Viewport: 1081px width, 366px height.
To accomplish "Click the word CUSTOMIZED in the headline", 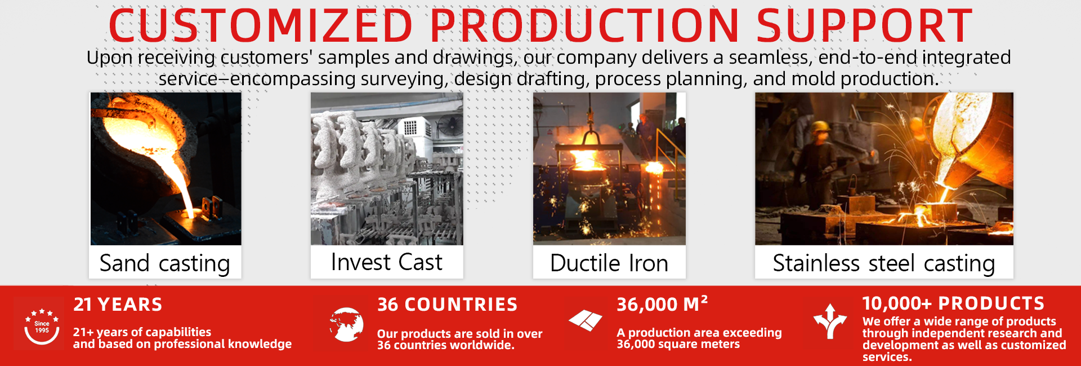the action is (x=261, y=26).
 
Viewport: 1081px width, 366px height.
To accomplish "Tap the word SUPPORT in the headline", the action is (x=864, y=26).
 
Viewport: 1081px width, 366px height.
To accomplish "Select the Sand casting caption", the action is (x=165, y=263).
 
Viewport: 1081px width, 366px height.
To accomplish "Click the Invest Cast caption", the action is (x=387, y=262).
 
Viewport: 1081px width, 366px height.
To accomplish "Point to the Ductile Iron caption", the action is (x=609, y=263).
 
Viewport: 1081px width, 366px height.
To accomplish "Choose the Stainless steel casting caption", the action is (x=884, y=263).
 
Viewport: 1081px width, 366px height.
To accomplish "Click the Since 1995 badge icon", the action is (x=42, y=326).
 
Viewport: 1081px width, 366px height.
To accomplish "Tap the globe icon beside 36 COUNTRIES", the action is (x=346, y=324).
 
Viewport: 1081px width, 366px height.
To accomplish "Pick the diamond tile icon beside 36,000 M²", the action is (x=586, y=320).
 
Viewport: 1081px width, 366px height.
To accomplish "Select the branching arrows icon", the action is (x=830, y=321).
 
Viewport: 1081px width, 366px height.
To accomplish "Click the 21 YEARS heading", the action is (x=118, y=305).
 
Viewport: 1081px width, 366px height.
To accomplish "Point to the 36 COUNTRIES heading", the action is (x=447, y=305).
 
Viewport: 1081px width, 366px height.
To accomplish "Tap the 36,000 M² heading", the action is (x=662, y=304).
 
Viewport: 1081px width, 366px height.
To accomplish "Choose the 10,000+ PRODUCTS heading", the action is (x=953, y=303).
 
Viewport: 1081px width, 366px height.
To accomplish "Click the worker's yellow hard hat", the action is (x=820, y=127).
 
